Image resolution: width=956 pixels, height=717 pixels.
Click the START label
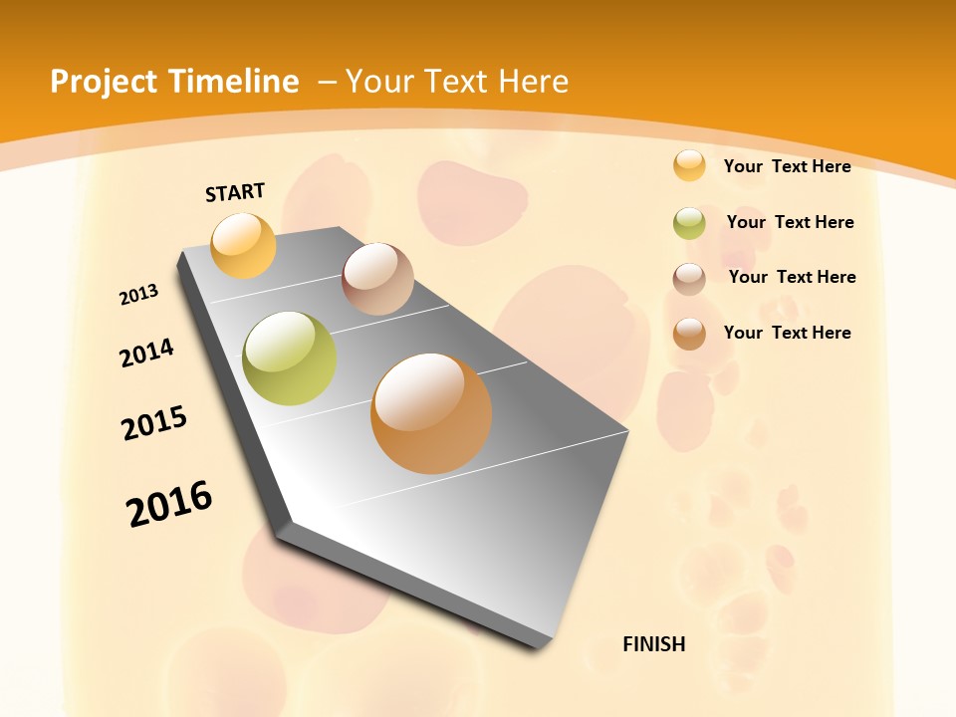click(235, 192)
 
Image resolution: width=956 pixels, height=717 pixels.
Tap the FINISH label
click(654, 644)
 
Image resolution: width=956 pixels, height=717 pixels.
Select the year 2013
click(138, 295)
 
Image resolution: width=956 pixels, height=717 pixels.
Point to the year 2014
click(146, 354)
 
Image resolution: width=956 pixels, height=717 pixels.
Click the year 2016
click(169, 503)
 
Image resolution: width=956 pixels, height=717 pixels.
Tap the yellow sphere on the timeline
click(244, 245)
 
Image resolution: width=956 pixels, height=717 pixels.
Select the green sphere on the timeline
click(290, 358)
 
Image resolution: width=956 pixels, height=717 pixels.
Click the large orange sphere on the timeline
click(431, 413)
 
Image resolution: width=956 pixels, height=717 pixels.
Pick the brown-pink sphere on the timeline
click(377, 279)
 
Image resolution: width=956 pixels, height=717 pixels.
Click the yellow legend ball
click(689, 165)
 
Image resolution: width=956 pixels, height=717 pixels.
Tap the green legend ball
click(689, 223)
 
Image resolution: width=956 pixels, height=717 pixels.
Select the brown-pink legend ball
click(689, 279)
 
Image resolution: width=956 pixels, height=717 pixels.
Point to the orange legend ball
click(689, 334)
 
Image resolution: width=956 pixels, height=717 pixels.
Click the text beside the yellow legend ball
click(787, 166)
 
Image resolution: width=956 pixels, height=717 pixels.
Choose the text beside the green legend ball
click(790, 222)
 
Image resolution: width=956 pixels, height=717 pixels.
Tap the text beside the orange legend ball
click(787, 333)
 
